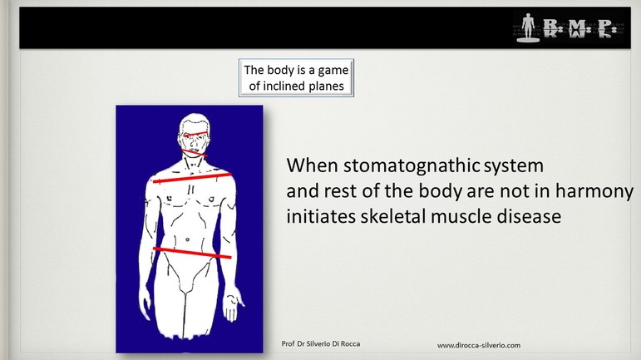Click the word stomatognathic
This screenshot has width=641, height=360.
412,166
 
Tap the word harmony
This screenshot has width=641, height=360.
594,192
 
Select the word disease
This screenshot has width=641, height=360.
529,216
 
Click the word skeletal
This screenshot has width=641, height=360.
393,216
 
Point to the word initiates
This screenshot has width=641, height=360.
321,216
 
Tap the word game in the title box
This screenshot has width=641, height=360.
333,71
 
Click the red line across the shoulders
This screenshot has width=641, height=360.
192,178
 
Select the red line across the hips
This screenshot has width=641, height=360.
192,253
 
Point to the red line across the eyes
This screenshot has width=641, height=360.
195,133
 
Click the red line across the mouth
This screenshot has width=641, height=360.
195,153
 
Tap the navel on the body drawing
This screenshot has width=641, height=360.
187,239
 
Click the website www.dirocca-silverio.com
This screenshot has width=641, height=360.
479,345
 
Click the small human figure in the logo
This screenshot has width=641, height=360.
528,27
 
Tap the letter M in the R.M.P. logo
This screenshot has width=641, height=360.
578,27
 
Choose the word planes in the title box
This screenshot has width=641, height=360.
330,86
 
